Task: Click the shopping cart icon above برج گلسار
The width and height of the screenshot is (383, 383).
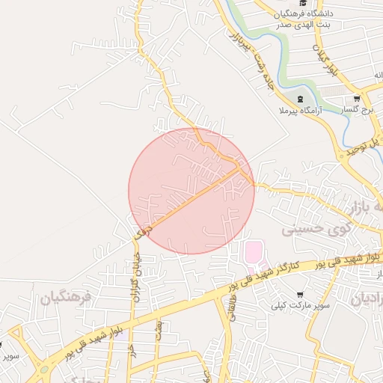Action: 357,98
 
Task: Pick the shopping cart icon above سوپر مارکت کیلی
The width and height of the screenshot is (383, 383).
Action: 299,295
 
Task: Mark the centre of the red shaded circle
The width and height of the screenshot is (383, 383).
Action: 191,191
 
